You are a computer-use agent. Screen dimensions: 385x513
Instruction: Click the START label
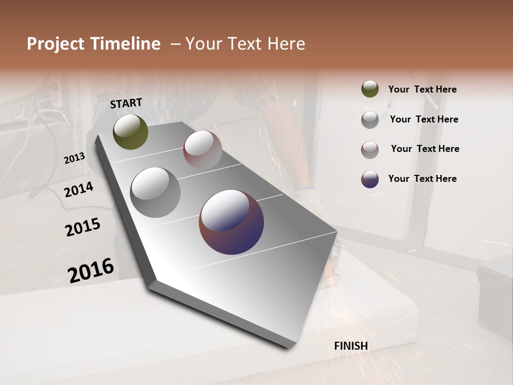tap(126, 103)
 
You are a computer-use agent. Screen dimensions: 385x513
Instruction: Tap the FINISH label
tap(351, 346)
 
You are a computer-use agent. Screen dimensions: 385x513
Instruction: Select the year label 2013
tap(74, 158)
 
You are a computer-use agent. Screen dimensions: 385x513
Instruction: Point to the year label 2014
tap(79, 189)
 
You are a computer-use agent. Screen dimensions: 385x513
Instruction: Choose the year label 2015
tap(83, 227)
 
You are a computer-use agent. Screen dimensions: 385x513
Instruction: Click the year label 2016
tap(91, 271)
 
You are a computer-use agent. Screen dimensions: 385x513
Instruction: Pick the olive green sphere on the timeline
tap(130, 132)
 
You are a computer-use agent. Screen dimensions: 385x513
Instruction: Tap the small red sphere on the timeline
tap(203, 150)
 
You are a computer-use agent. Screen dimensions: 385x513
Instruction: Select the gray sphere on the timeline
tap(156, 192)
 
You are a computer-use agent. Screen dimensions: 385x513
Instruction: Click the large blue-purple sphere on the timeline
tap(231, 222)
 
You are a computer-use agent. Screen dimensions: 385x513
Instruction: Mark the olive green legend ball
tap(370, 89)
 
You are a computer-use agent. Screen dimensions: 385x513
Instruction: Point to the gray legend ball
tap(370, 119)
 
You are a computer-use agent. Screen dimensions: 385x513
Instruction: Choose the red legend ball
tap(370, 149)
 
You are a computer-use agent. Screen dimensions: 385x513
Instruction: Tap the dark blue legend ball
tap(370, 179)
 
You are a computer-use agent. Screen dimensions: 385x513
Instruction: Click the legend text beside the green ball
tap(422, 89)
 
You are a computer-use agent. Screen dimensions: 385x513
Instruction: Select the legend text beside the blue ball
tap(422, 179)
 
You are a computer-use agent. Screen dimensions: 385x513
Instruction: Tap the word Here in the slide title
tap(284, 44)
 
